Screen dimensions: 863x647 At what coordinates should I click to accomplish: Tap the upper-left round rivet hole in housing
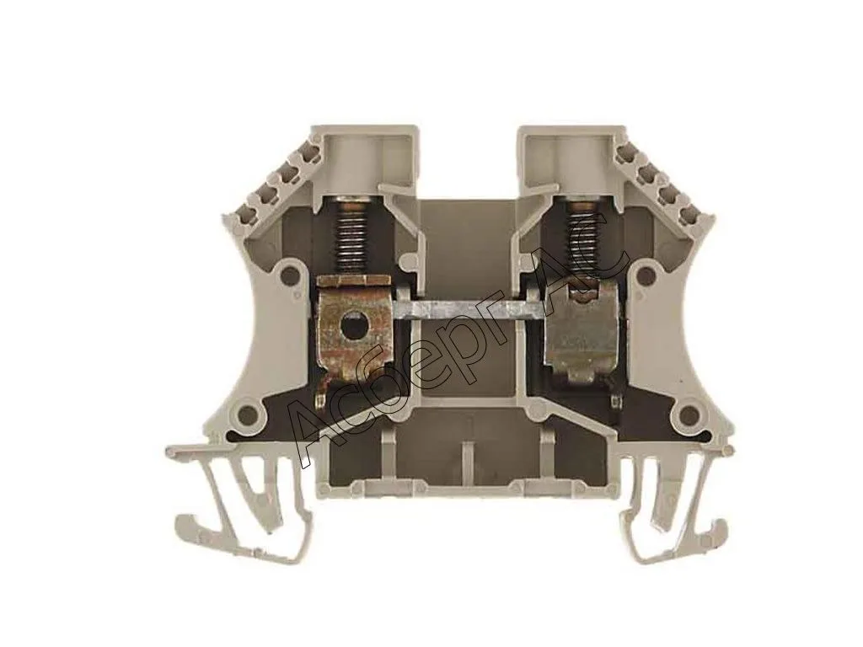click(x=287, y=274)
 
